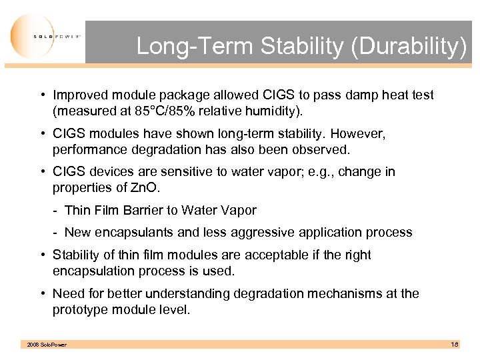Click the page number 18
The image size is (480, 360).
click(x=454, y=344)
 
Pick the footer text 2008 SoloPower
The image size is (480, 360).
click(x=46, y=345)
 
